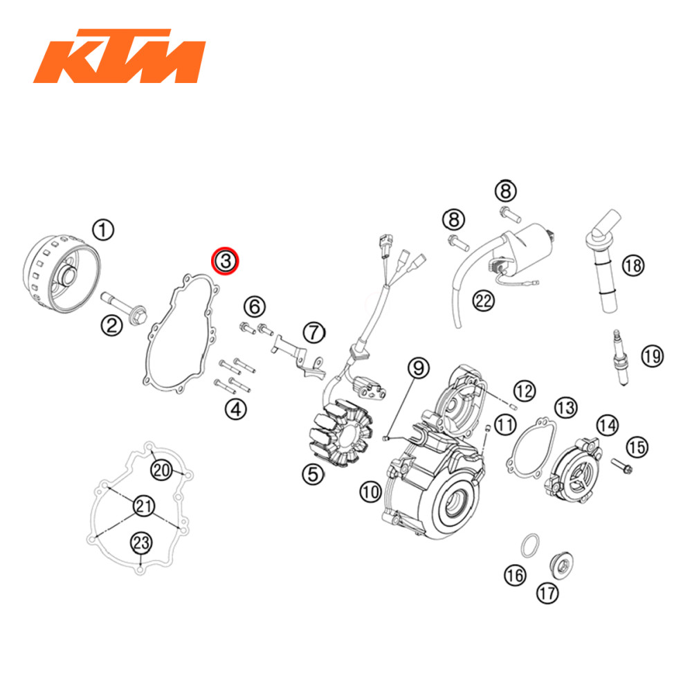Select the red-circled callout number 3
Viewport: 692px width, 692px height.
[225, 260]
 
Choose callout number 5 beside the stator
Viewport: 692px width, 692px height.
[313, 473]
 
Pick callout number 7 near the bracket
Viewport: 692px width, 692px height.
[314, 331]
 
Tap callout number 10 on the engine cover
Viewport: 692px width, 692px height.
[370, 492]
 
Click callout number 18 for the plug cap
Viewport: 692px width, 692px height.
[632, 264]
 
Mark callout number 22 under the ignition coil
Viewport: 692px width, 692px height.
[484, 300]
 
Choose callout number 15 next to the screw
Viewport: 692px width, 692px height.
[637, 446]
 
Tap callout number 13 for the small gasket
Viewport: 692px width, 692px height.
[565, 407]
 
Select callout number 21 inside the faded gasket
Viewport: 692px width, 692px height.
[143, 506]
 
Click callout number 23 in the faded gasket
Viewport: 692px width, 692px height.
[141, 543]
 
